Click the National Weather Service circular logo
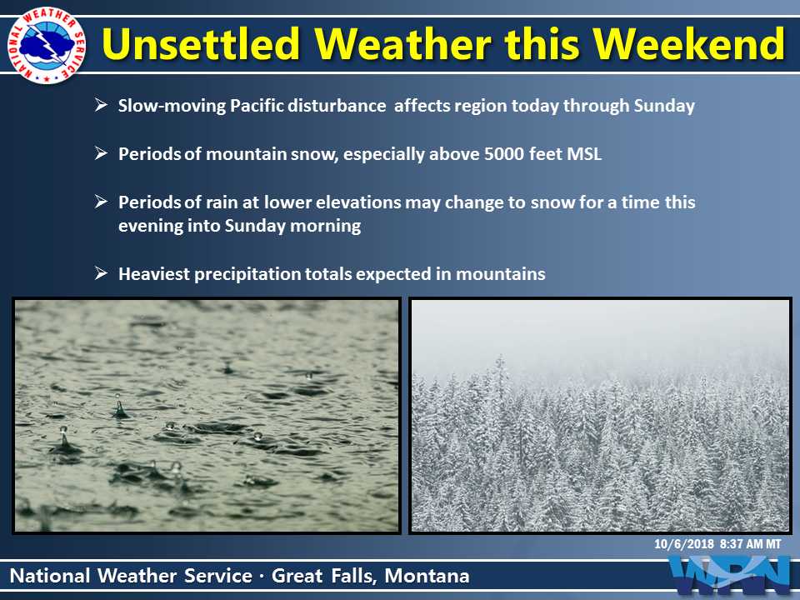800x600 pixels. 47,45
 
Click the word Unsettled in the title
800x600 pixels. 201,43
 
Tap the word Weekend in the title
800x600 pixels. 689,43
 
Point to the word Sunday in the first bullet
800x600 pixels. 664,106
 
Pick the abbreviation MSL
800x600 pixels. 585,154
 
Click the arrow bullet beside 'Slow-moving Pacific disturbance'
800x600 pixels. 101,105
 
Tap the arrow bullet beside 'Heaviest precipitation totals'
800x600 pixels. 101,273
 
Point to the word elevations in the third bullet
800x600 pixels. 358,202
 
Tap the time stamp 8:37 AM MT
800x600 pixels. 751,544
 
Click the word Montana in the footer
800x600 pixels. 427,576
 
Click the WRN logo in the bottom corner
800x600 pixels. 732,577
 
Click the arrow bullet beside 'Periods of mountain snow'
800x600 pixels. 101,153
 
